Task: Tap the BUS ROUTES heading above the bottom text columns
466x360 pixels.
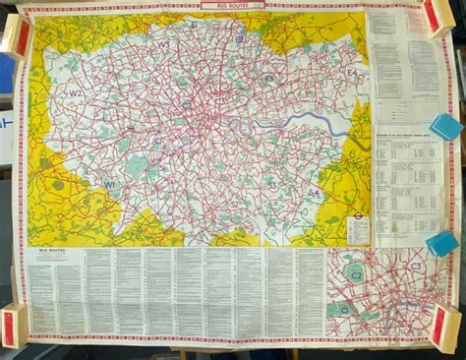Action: coord(48,252)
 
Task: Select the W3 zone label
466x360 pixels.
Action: coord(163,45)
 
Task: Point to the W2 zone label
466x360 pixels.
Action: coord(76,94)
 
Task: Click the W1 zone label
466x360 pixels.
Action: coord(110,184)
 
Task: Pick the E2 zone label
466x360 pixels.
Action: coord(240,39)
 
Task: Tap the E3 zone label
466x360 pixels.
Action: coord(268,78)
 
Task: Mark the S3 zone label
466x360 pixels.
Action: coord(271,184)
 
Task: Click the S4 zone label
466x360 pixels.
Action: coord(314,194)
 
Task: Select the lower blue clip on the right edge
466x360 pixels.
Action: coord(442,242)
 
